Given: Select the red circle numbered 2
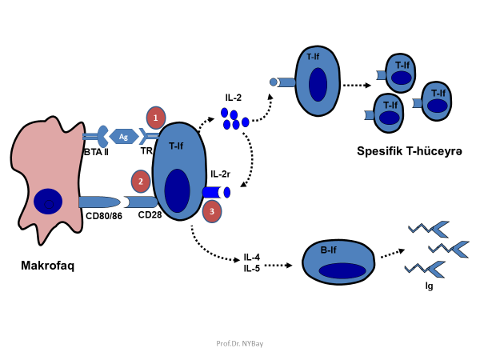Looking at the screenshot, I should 141,182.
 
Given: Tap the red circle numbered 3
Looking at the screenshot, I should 211,211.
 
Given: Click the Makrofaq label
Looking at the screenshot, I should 47,266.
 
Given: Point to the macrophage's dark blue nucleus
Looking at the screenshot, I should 47,201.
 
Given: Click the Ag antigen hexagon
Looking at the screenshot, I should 123,137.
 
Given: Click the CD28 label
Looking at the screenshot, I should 150,214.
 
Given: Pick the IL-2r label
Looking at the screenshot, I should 221,174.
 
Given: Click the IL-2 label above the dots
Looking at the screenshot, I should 234,98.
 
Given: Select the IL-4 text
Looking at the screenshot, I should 253,258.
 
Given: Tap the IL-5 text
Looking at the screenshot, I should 253,268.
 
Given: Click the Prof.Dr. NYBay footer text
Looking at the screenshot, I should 239,343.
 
